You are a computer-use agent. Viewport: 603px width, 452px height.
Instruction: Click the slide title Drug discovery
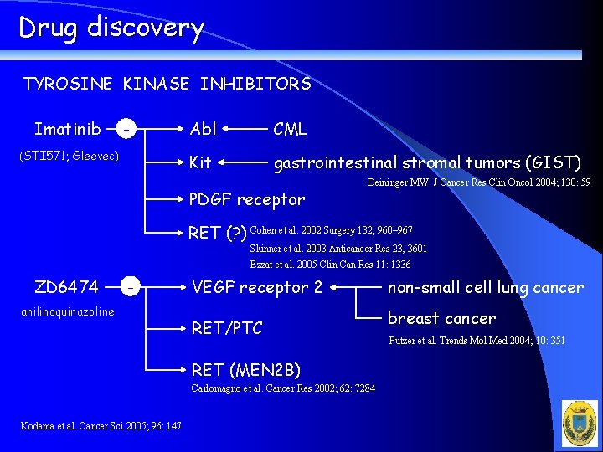111,28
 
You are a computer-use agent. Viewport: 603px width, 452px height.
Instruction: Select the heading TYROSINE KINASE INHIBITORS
167,84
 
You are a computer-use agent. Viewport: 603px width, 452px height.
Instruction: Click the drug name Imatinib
68,129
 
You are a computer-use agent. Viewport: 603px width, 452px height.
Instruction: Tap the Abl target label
203,129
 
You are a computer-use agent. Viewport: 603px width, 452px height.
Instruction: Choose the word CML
290,129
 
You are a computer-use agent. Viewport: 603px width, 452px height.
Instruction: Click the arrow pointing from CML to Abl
244,130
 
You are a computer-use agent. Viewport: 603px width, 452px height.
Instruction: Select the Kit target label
200,162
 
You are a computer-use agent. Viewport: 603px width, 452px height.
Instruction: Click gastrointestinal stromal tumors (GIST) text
427,162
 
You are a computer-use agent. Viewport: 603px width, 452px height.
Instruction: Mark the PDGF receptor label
247,199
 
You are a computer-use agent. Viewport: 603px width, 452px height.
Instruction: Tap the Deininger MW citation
478,182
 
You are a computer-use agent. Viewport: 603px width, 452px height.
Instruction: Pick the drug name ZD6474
66,287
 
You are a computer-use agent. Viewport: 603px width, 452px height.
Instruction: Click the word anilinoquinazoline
67,311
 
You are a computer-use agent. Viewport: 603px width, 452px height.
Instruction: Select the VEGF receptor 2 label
257,287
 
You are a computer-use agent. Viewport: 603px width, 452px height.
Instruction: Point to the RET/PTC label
227,328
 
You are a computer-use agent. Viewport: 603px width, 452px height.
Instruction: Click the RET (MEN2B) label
245,369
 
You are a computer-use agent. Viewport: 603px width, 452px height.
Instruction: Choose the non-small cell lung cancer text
485,287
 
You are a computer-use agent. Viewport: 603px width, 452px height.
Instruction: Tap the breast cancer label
441,318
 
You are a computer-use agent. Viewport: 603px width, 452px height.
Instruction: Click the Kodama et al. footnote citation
100,426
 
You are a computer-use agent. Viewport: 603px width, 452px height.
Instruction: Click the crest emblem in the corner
580,423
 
